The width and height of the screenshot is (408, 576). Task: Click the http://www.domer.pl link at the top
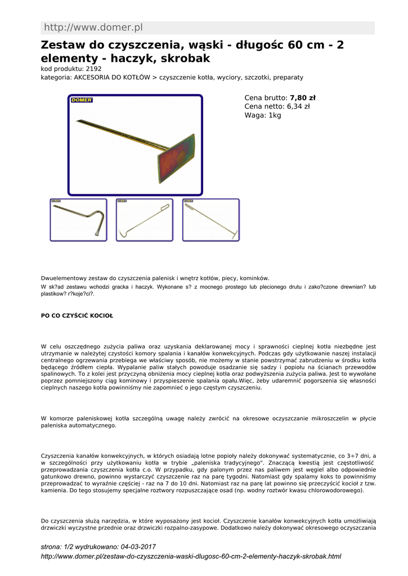point(93,28)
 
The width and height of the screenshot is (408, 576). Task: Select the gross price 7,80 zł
point(303,97)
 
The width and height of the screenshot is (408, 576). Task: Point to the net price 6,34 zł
point(298,106)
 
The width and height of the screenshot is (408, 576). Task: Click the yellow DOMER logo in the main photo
point(82,100)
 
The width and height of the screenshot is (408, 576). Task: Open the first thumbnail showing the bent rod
point(78,220)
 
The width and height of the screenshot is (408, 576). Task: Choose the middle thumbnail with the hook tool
point(144,220)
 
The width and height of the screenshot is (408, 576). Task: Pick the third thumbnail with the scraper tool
point(210,220)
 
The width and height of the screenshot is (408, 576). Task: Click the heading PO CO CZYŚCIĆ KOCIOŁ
point(77,316)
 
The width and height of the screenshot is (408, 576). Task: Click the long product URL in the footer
point(191,556)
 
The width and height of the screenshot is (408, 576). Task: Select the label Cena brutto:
point(266,97)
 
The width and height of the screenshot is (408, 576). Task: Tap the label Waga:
point(255,115)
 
